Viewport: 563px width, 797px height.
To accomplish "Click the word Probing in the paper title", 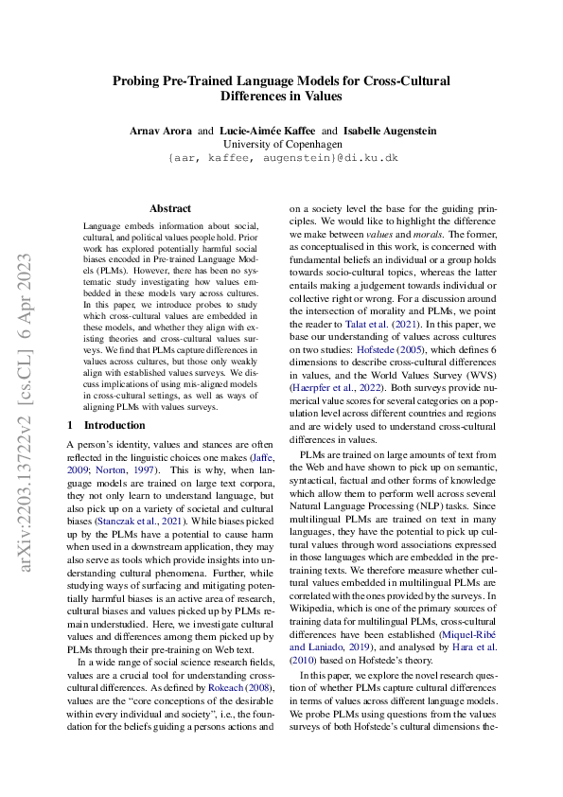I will [140, 81].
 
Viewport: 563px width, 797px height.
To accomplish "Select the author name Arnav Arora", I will [162, 130].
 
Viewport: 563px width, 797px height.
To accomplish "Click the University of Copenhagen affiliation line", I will [281, 144].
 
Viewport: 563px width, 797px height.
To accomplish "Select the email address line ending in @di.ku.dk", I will [281, 159].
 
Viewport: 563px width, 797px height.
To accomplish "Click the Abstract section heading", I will [170, 208].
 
